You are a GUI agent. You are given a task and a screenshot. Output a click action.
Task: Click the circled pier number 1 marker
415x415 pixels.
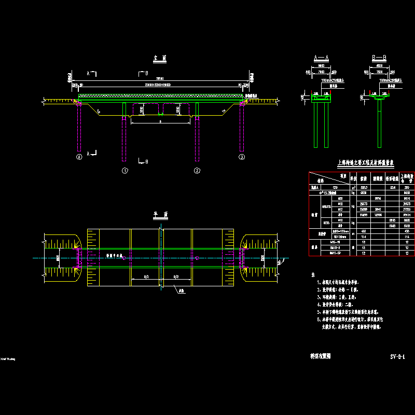click(125, 170)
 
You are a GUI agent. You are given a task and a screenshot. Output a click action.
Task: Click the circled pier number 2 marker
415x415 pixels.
click(197, 170)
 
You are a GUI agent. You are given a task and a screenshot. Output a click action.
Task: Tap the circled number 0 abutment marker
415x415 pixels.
click(79, 156)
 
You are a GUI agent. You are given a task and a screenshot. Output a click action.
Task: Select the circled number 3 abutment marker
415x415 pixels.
click(241, 156)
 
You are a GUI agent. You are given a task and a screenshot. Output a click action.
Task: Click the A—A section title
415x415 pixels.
click(321, 58)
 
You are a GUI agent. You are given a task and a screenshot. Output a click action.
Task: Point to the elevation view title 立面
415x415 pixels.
click(160, 59)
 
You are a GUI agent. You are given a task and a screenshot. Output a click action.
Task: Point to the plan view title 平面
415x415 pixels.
click(160, 214)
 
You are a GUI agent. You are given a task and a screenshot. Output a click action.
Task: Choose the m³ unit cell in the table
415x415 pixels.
click(353, 187)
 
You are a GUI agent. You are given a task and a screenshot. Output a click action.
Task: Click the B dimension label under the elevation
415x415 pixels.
click(160, 121)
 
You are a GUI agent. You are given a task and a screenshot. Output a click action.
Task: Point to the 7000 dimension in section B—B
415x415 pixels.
click(379, 72)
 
